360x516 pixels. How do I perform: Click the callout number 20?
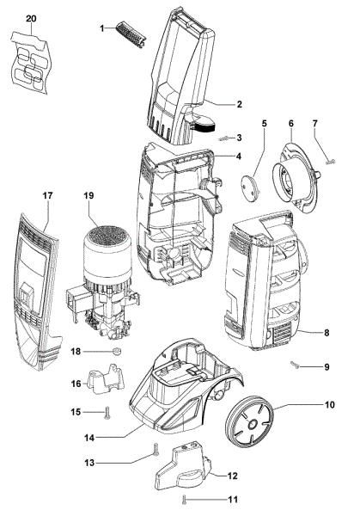(x=31, y=18)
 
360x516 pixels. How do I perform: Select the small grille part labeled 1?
(x=131, y=34)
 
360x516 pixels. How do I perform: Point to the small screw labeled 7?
(x=330, y=162)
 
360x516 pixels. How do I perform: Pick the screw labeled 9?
(x=295, y=365)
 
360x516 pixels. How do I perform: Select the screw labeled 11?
(x=185, y=499)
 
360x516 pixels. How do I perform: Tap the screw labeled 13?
(x=156, y=449)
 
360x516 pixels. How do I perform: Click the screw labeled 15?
(x=107, y=413)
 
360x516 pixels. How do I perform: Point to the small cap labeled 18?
(x=116, y=352)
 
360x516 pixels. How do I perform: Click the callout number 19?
(x=88, y=195)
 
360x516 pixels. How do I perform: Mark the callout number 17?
(x=47, y=195)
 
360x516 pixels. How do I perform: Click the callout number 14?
(x=89, y=438)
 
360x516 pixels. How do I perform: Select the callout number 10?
(x=330, y=404)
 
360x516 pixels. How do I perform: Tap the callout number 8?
(x=326, y=333)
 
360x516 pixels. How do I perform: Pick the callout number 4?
(x=238, y=157)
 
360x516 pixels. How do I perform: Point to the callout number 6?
(x=291, y=123)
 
